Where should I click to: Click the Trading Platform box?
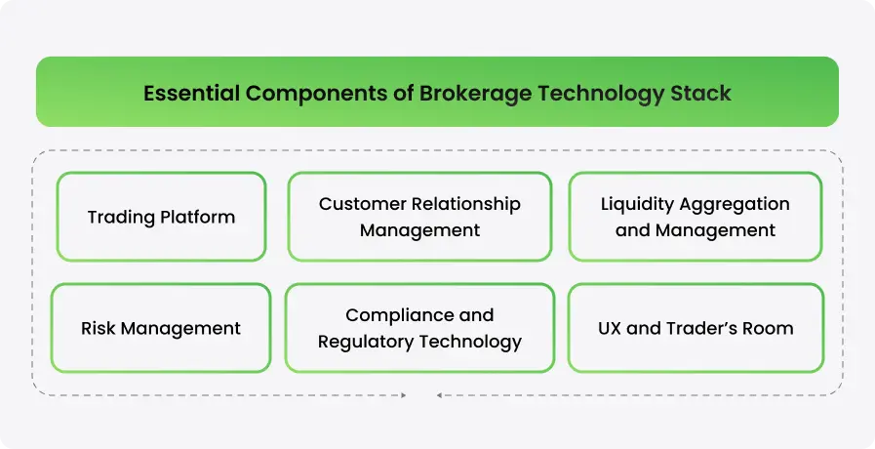point(161,217)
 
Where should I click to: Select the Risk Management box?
point(161,328)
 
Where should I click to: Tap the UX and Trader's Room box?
point(696,328)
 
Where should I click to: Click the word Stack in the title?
point(700,94)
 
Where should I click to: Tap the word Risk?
point(99,328)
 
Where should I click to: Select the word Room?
point(770,328)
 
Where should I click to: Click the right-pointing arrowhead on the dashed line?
point(403,395)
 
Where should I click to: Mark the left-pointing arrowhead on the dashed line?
point(440,395)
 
